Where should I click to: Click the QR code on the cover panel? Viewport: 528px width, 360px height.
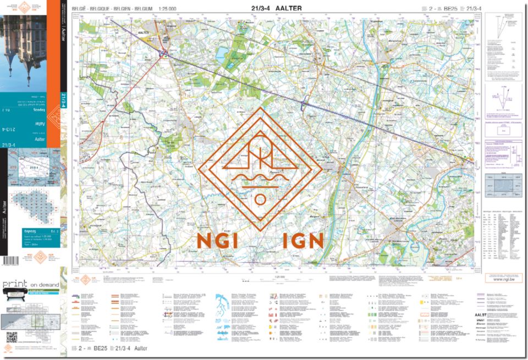pos(12,337)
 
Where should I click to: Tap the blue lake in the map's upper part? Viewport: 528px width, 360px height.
pos(222,53)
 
